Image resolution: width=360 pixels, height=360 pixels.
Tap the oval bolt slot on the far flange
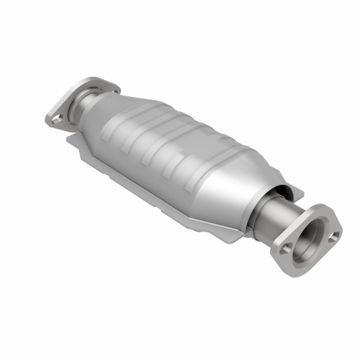56,120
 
